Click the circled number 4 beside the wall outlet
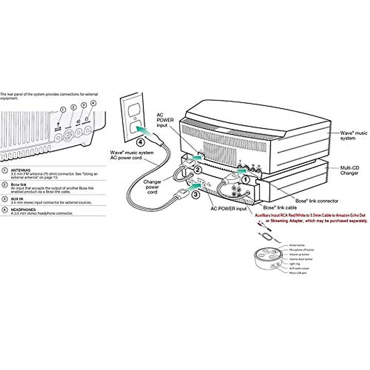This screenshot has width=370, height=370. click(x=140, y=142)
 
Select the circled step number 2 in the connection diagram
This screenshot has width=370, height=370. click(x=198, y=169)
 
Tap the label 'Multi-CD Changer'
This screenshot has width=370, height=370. click(x=349, y=171)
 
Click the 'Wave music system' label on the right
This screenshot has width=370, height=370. click(x=353, y=136)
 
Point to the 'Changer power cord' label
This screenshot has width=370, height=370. click(x=152, y=187)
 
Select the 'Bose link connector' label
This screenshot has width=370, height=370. click(x=317, y=201)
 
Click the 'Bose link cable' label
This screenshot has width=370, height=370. click(x=280, y=208)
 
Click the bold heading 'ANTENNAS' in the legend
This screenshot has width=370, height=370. click(x=21, y=170)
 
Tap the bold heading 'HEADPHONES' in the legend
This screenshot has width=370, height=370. click(x=23, y=210)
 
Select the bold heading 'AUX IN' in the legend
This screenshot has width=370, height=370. click(x=17, y=199)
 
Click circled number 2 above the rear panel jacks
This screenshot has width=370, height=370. click(x=73, y=107)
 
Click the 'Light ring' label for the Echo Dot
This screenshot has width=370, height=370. click(x=294, y=264)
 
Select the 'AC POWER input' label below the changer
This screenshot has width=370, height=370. click(x=228, y=209)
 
